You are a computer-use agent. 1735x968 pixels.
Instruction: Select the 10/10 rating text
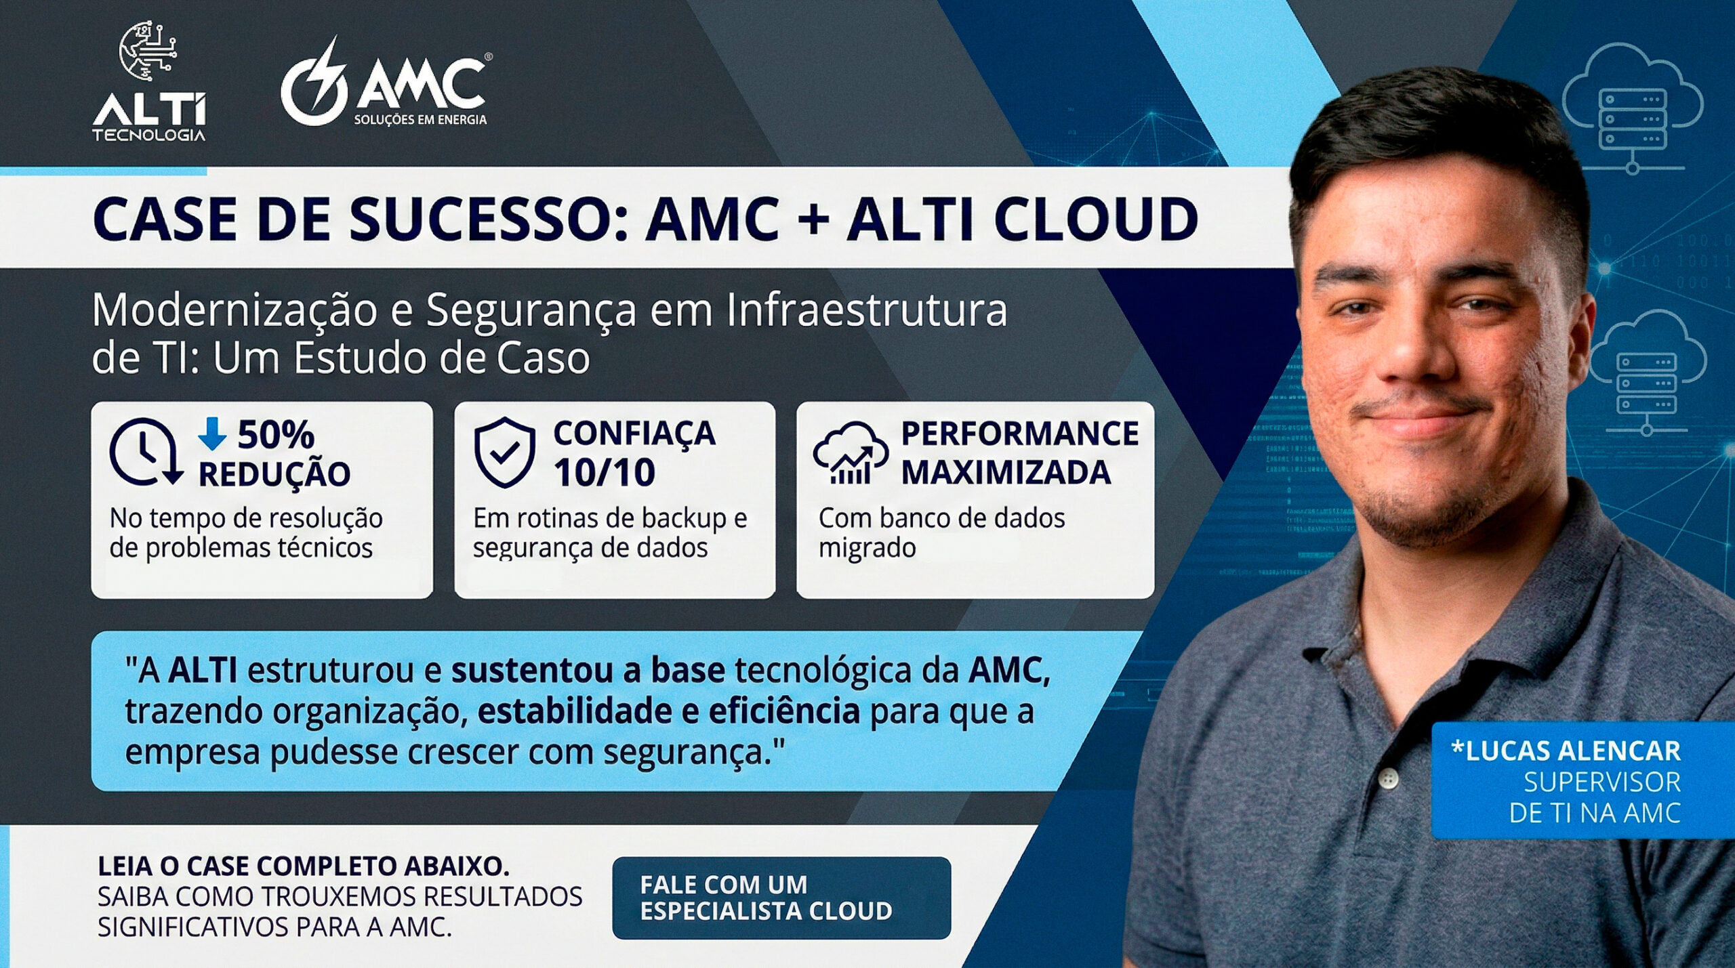point(605,473)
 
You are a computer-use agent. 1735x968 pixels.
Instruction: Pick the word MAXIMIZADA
point(1006,473)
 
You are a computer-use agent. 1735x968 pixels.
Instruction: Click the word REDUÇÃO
point(274,473)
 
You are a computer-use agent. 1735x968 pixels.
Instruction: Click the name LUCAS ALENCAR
point(1566,751)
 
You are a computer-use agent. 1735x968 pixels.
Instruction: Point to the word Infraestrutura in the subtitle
point(867,310)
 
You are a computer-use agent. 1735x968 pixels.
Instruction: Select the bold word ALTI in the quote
point(203,671)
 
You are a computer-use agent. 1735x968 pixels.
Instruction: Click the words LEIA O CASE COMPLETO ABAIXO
point(304,866)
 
